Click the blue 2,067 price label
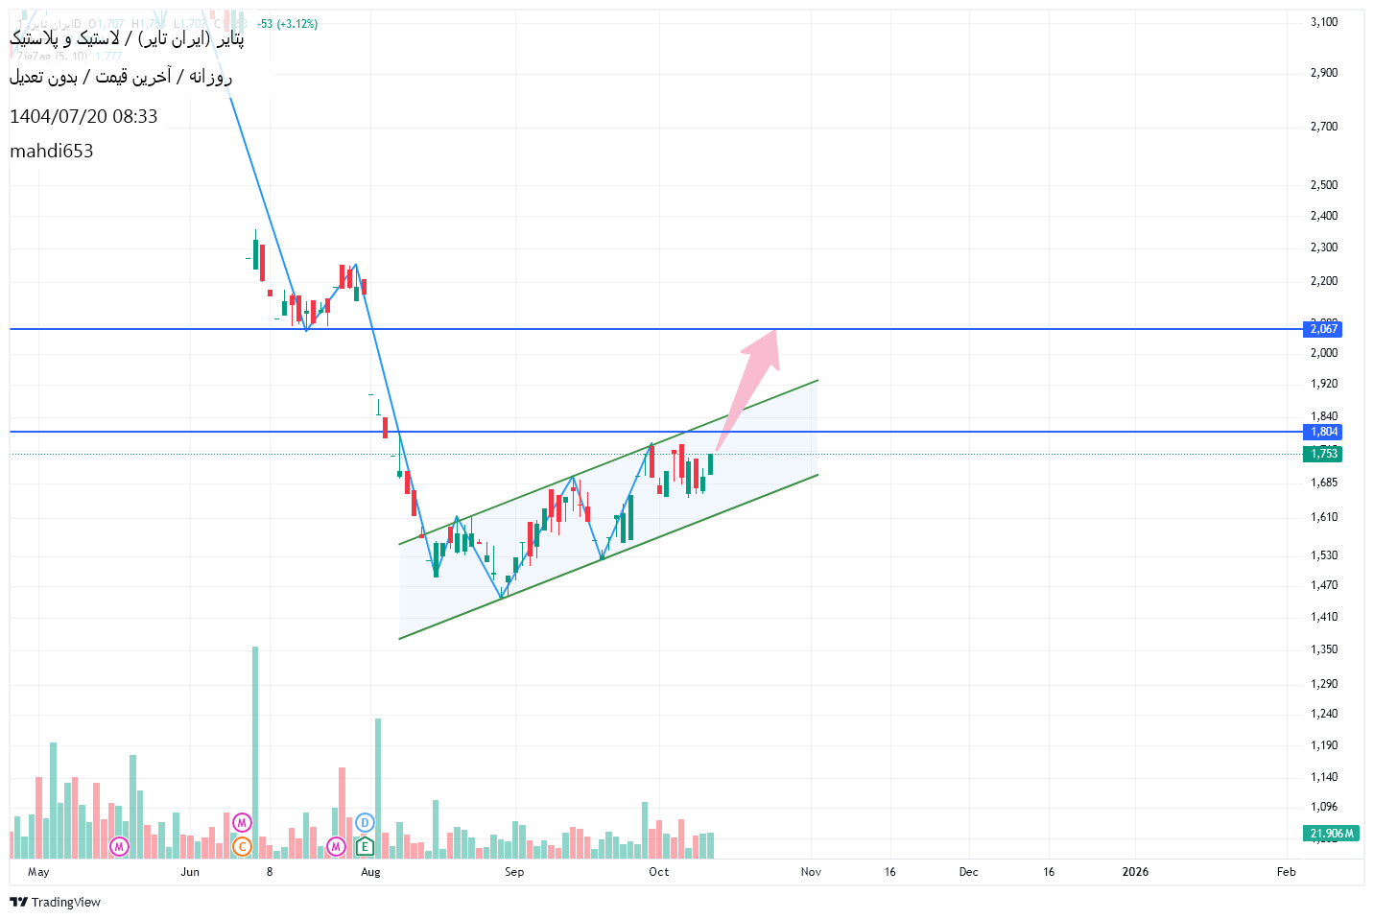(1323, 329)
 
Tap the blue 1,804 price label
(1323, 432)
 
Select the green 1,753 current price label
(1323, 454)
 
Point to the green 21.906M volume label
(1331, 833)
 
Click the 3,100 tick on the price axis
(1323, 22)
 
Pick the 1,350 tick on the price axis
(1323, 649)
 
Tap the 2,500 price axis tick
(1323, 185)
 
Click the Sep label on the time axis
(514, 872)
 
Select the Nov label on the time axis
(811, 872)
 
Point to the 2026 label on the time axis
(1135, 872)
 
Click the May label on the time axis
(38, 872)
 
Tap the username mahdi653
(52, 151)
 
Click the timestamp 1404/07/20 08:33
(83, 116)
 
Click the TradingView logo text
(56, 902)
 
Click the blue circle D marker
(365, 822)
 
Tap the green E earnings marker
(365, 846)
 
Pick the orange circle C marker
(242, 846)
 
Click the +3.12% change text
(297, 24)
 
